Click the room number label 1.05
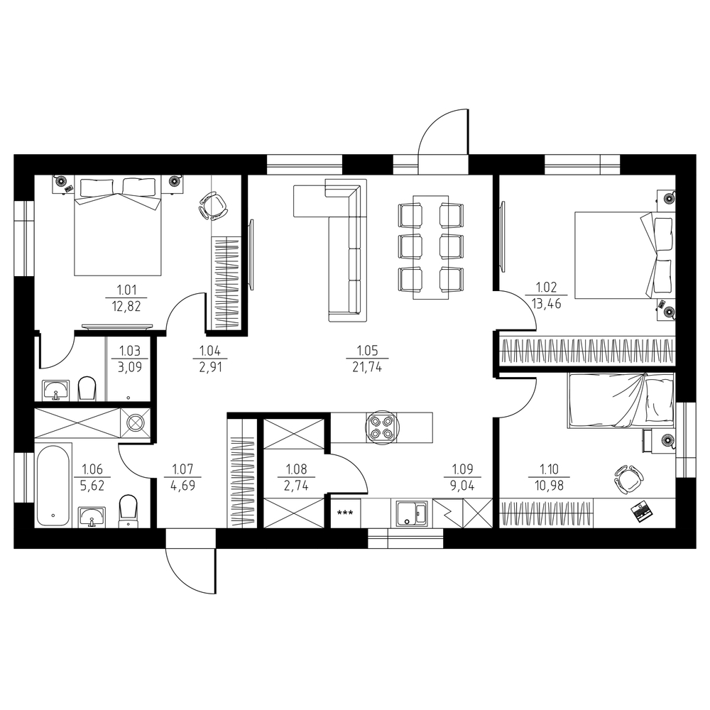pos(367,351)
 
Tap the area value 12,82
pos(126,307)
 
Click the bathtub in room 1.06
pos(53,485)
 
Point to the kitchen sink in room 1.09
pos(412,513)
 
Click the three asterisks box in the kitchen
pos(346,513)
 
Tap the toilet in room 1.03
pos(87,388)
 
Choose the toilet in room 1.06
pos(128,511)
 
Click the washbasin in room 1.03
pos(56,390)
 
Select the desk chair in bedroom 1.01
pos(213,206)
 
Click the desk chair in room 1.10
pos(628,478)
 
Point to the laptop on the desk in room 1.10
pos(642,511)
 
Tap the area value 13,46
pos(547,304)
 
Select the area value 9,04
pos(463,486)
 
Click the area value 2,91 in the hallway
pos(211,367)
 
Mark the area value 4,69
pos(182,486)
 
